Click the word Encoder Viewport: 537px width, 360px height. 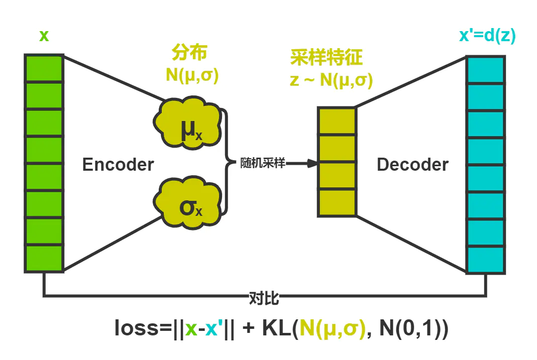point(118,164)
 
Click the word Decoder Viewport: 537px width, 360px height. point(412,164)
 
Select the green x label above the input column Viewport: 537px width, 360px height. point(44,36)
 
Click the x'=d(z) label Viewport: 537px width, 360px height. point(487,36)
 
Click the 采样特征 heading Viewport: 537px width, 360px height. point(326,59)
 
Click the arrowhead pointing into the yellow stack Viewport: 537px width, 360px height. point(312,163)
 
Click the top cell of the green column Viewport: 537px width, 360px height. point(44,68)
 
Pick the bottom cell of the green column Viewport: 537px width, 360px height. point(44,259)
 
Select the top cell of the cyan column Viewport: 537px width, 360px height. point(486,69)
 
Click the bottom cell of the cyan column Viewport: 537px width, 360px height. point(486,260)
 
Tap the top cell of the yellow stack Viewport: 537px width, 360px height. point(337,121)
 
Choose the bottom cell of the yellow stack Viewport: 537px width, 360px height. point(337,202)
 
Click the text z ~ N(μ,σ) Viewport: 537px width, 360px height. point(331,80)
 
